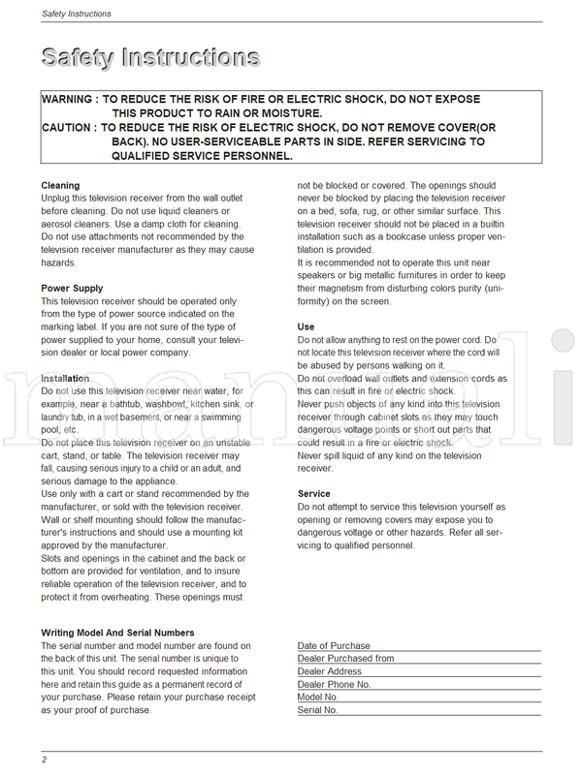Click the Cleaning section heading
60,185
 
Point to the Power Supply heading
72,288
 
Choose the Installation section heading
65,378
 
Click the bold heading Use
306,327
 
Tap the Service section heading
314,493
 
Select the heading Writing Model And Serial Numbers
117,633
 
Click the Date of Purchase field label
334,645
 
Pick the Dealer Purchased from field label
345,658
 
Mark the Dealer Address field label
329,671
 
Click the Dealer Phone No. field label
335,684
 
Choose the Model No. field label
317,697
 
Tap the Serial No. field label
317,710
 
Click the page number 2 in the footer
44,759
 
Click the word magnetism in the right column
348,288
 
